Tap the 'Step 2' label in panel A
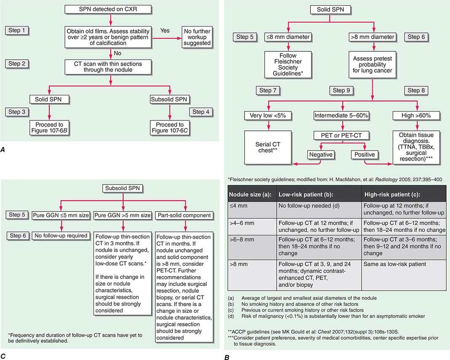20,64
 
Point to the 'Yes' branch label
165,31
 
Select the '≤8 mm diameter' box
288,37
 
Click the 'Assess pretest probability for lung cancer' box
372,64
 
